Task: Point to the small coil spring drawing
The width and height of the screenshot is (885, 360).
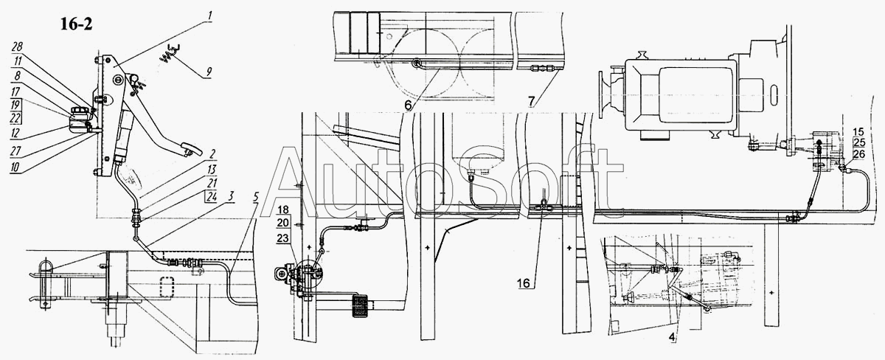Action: click(169, 52)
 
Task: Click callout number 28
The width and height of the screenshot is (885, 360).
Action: click(16, 46)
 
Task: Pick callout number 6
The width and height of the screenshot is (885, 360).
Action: click(410, 105)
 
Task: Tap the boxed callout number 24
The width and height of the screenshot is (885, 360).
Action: click(212, 195)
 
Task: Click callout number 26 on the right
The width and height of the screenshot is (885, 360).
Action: click(858, 154)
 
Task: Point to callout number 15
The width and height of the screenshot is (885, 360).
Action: click(858, 132)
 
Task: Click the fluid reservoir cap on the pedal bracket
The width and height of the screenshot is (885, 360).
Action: click(79, 114)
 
